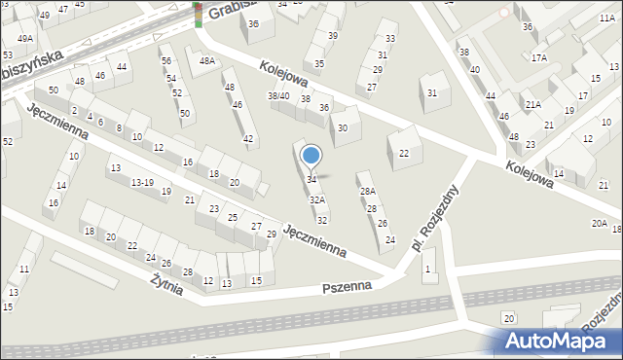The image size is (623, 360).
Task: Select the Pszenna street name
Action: click(348, 288)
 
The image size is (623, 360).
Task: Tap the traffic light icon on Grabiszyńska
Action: click(199, 14)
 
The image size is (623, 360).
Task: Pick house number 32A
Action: click(317, 199)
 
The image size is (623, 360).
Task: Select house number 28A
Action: click(367, 192)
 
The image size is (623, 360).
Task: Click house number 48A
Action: click(206, 60)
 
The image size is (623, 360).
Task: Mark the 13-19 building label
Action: click(142, 182)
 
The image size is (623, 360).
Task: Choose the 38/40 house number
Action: click(278, 96)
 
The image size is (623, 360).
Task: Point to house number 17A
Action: click(539, 57)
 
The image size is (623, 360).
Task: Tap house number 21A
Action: click(533, 104)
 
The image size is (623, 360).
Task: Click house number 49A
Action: click(23, 38)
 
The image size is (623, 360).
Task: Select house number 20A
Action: click(600, 224)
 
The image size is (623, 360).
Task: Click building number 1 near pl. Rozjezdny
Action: click(426, 268)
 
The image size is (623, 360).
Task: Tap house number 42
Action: click(249, 139)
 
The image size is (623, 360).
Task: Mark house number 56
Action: click(165, 60)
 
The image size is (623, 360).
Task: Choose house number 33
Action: click(390, 39)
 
